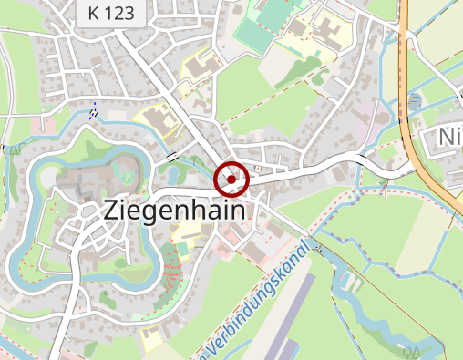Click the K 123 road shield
pyautogui.click(x=110, y=13)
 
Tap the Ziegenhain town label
pyautogui.click(x=175, y=210)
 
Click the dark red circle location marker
pyautogui.click(x=231, y=180)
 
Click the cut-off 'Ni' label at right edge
pyautogui.click(x=449, y=137)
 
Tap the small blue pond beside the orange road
pyautogui.click(x=416, y=100)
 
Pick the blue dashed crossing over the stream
pyautogui.click(x=92, y=114)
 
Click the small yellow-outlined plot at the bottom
pyautogui.click(x=151, y=338)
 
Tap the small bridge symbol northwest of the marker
pyautogui.click(x=173, y=157)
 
